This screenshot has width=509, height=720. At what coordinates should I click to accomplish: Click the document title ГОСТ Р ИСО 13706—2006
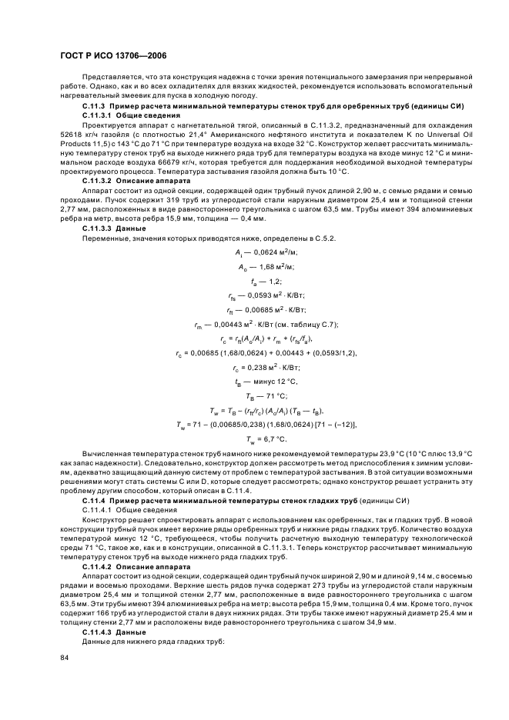click(x=113, y=56)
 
